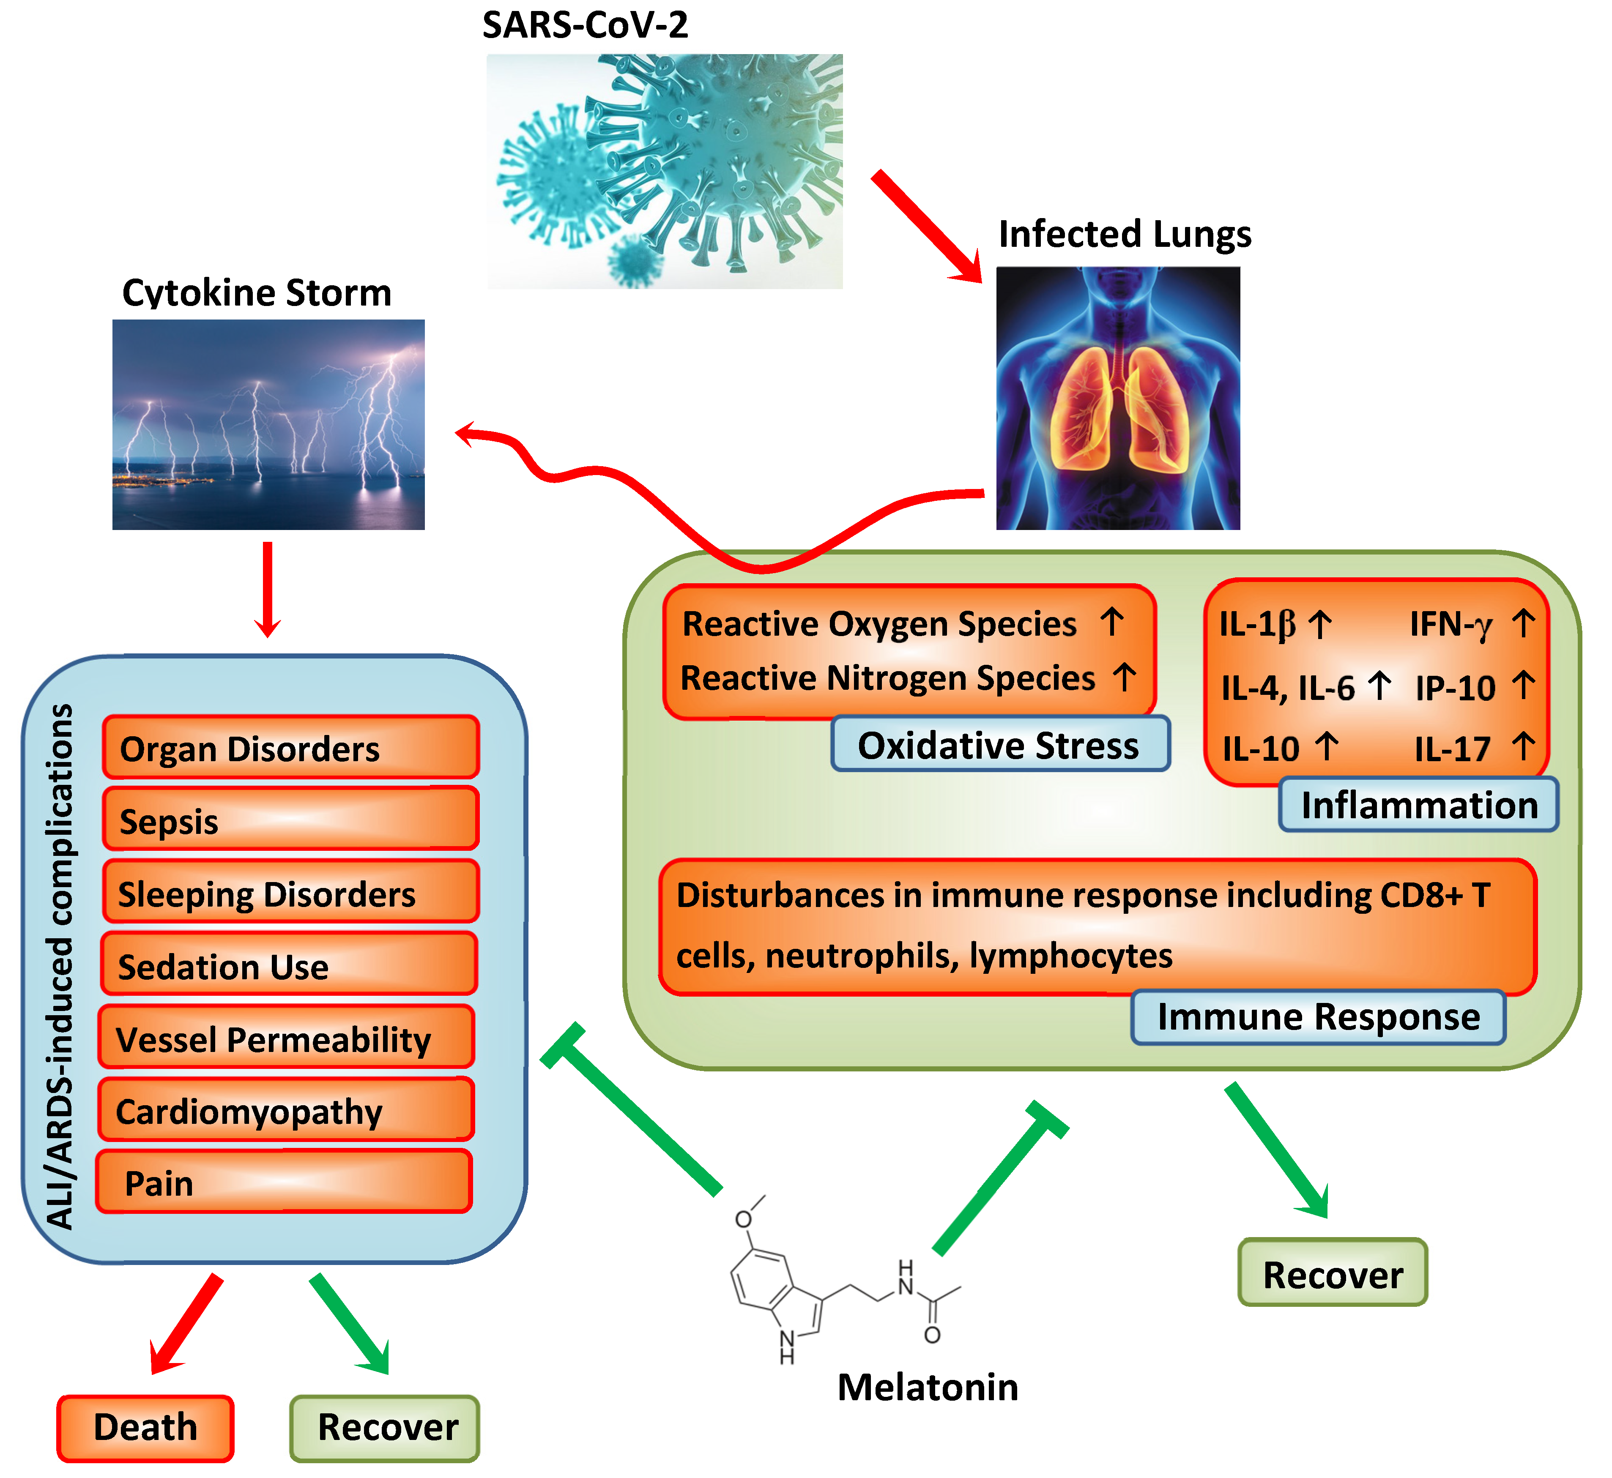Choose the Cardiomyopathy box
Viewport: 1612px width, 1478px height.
pos(286,1110)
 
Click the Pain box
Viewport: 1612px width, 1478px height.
pos(284,1182)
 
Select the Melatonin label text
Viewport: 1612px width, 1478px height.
pos(927,1388)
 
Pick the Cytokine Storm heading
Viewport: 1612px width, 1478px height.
pos(257,293)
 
